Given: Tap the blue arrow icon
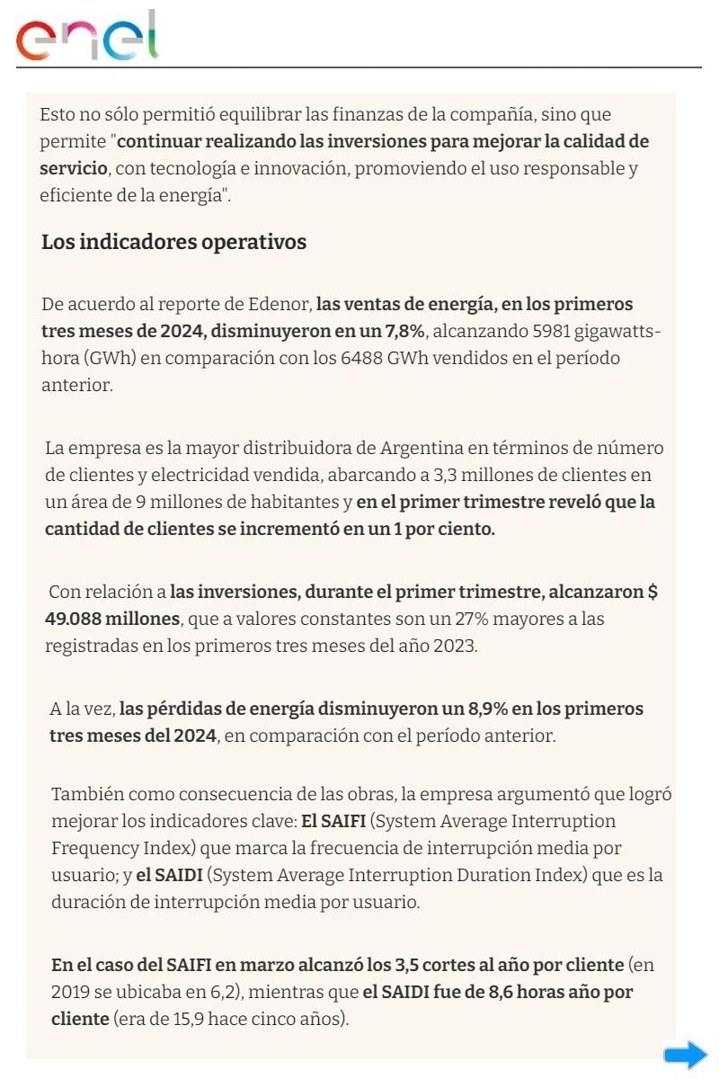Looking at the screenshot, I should [x=685, y=1055].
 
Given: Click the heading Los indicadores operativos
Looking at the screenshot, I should [x=173, y=242].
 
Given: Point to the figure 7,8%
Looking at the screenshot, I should [x=404, y=330].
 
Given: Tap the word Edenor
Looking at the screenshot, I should [x=282, y=304].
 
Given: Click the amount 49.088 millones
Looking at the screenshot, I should [x=112, y=619].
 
